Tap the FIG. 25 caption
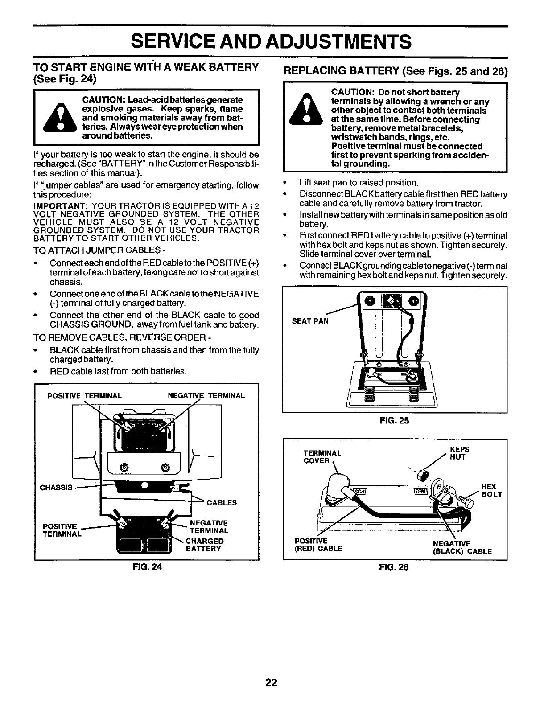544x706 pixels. [395, 420]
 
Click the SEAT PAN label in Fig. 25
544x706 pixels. [310, 320]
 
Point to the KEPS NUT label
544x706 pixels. [460, 453]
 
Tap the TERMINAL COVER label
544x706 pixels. [322, 457]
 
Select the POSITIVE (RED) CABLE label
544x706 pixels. [318, 545]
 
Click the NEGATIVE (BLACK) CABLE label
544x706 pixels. [462, 547]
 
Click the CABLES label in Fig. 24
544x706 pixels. [222, 503]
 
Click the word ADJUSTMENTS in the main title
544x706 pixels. [327, 42]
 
